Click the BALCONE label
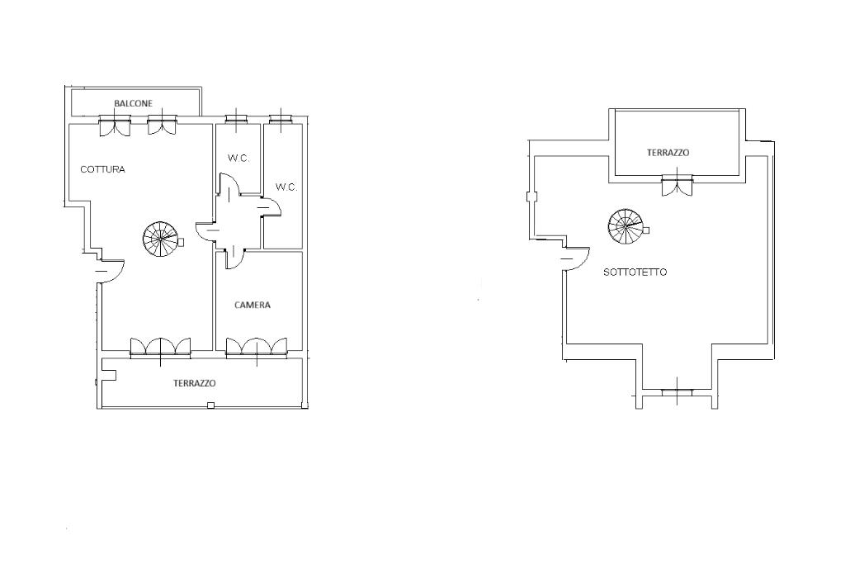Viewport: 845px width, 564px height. [133, 103]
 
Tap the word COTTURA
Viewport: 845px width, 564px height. [102, 169]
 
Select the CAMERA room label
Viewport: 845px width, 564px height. [252, 305]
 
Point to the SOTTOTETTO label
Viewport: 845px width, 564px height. [635, 272]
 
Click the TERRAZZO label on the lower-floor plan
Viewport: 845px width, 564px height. [195, 383]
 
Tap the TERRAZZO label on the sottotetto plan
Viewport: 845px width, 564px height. [668, 153]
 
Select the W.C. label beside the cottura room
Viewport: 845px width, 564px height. [238, 159]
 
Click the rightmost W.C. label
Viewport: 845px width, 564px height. [286, 187]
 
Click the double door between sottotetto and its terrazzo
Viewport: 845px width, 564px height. [677, 186]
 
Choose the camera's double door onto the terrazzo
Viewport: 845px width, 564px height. [257, 347]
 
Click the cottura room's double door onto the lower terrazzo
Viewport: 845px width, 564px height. [161, 347]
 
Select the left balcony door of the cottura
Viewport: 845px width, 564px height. [114, 126]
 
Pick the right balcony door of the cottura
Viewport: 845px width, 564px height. [162, 126]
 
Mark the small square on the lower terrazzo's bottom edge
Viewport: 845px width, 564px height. [210, 405]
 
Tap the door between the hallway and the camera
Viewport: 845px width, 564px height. [233, 258]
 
